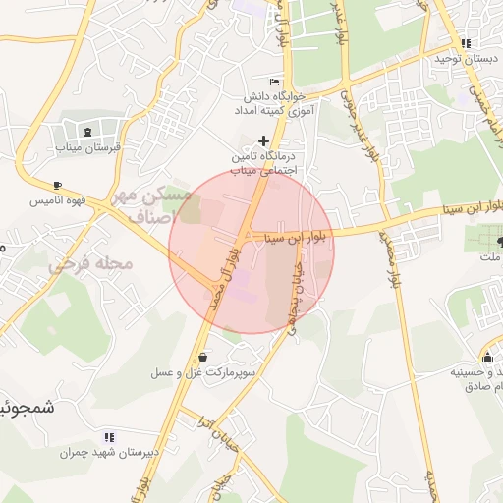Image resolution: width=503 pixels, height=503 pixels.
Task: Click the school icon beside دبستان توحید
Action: pos(466,43)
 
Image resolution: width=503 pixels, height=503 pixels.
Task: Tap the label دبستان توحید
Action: pos(466,59)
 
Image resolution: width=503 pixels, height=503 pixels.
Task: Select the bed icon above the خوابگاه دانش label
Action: pos(273,82)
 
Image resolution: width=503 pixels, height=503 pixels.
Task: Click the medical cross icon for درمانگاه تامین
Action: pos(262,140)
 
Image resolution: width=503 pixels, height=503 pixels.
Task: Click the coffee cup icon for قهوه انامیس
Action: pos(57,185)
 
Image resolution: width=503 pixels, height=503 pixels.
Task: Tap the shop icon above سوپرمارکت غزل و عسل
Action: pos(202,358)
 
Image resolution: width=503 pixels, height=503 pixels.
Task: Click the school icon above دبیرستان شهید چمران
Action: pos(109,437)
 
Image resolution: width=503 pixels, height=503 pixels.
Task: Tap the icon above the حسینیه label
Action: pos(487,357)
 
